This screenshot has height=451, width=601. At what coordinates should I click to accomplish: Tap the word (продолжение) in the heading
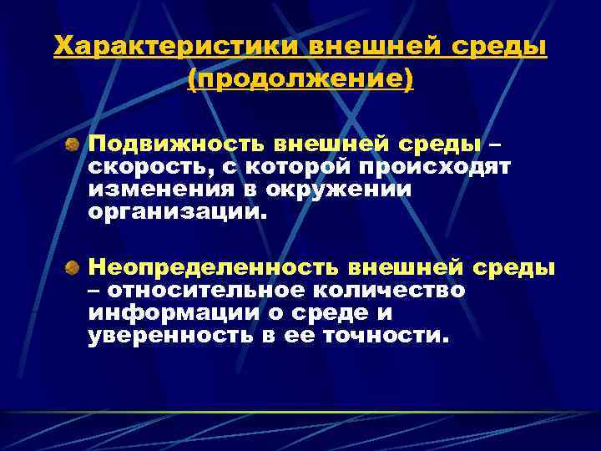coord(300,80)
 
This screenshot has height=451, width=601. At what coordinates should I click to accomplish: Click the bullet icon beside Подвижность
coord(74,145)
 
